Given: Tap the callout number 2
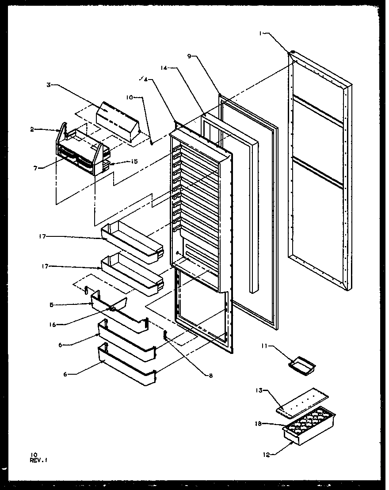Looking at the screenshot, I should pyautogui.click(x=32, y=129).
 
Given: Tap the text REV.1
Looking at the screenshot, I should pyautogui.click(x=39, y=460).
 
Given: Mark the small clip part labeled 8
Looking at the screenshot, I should pyautogui.click(x=166, y=335).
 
